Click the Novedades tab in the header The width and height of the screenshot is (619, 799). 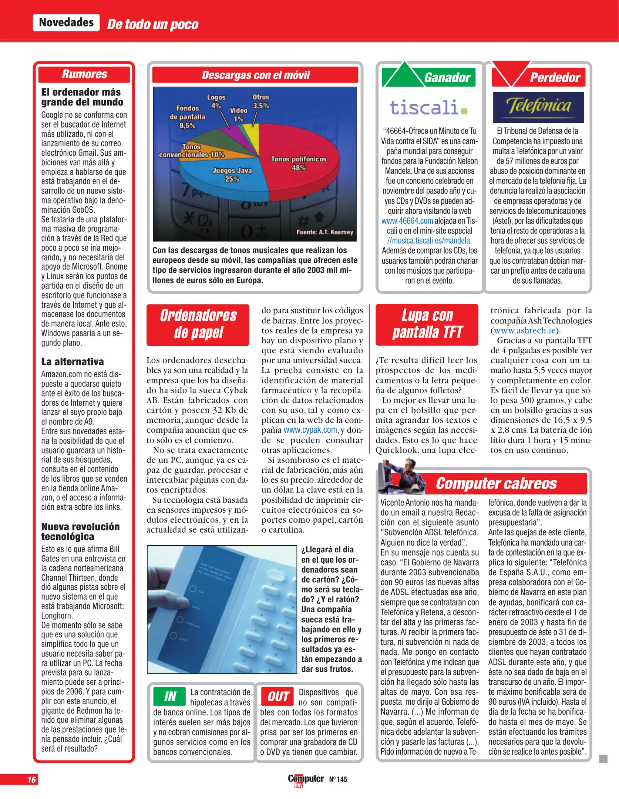click(66, 23)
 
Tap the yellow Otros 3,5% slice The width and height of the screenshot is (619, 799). click(253, 137)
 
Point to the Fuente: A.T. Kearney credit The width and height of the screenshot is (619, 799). click(324, 232)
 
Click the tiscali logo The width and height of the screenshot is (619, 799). click(428, 108)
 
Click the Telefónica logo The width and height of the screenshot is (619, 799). click(538, 107)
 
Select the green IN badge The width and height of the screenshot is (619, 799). click(169, 697)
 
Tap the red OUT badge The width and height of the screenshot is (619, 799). click(277, 697)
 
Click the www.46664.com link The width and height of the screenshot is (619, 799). click(407, 221)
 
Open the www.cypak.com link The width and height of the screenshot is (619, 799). click(310, 430)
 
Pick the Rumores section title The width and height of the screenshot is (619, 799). click(84, 74)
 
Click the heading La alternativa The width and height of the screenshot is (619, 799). click(73, 361)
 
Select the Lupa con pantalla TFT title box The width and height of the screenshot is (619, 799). click(427, 324)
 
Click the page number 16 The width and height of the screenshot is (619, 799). click(31, 779)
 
